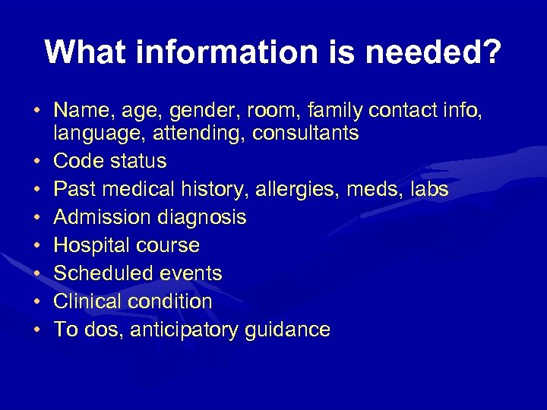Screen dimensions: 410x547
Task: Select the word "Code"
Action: pyautogui.click(x=77, y=162)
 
